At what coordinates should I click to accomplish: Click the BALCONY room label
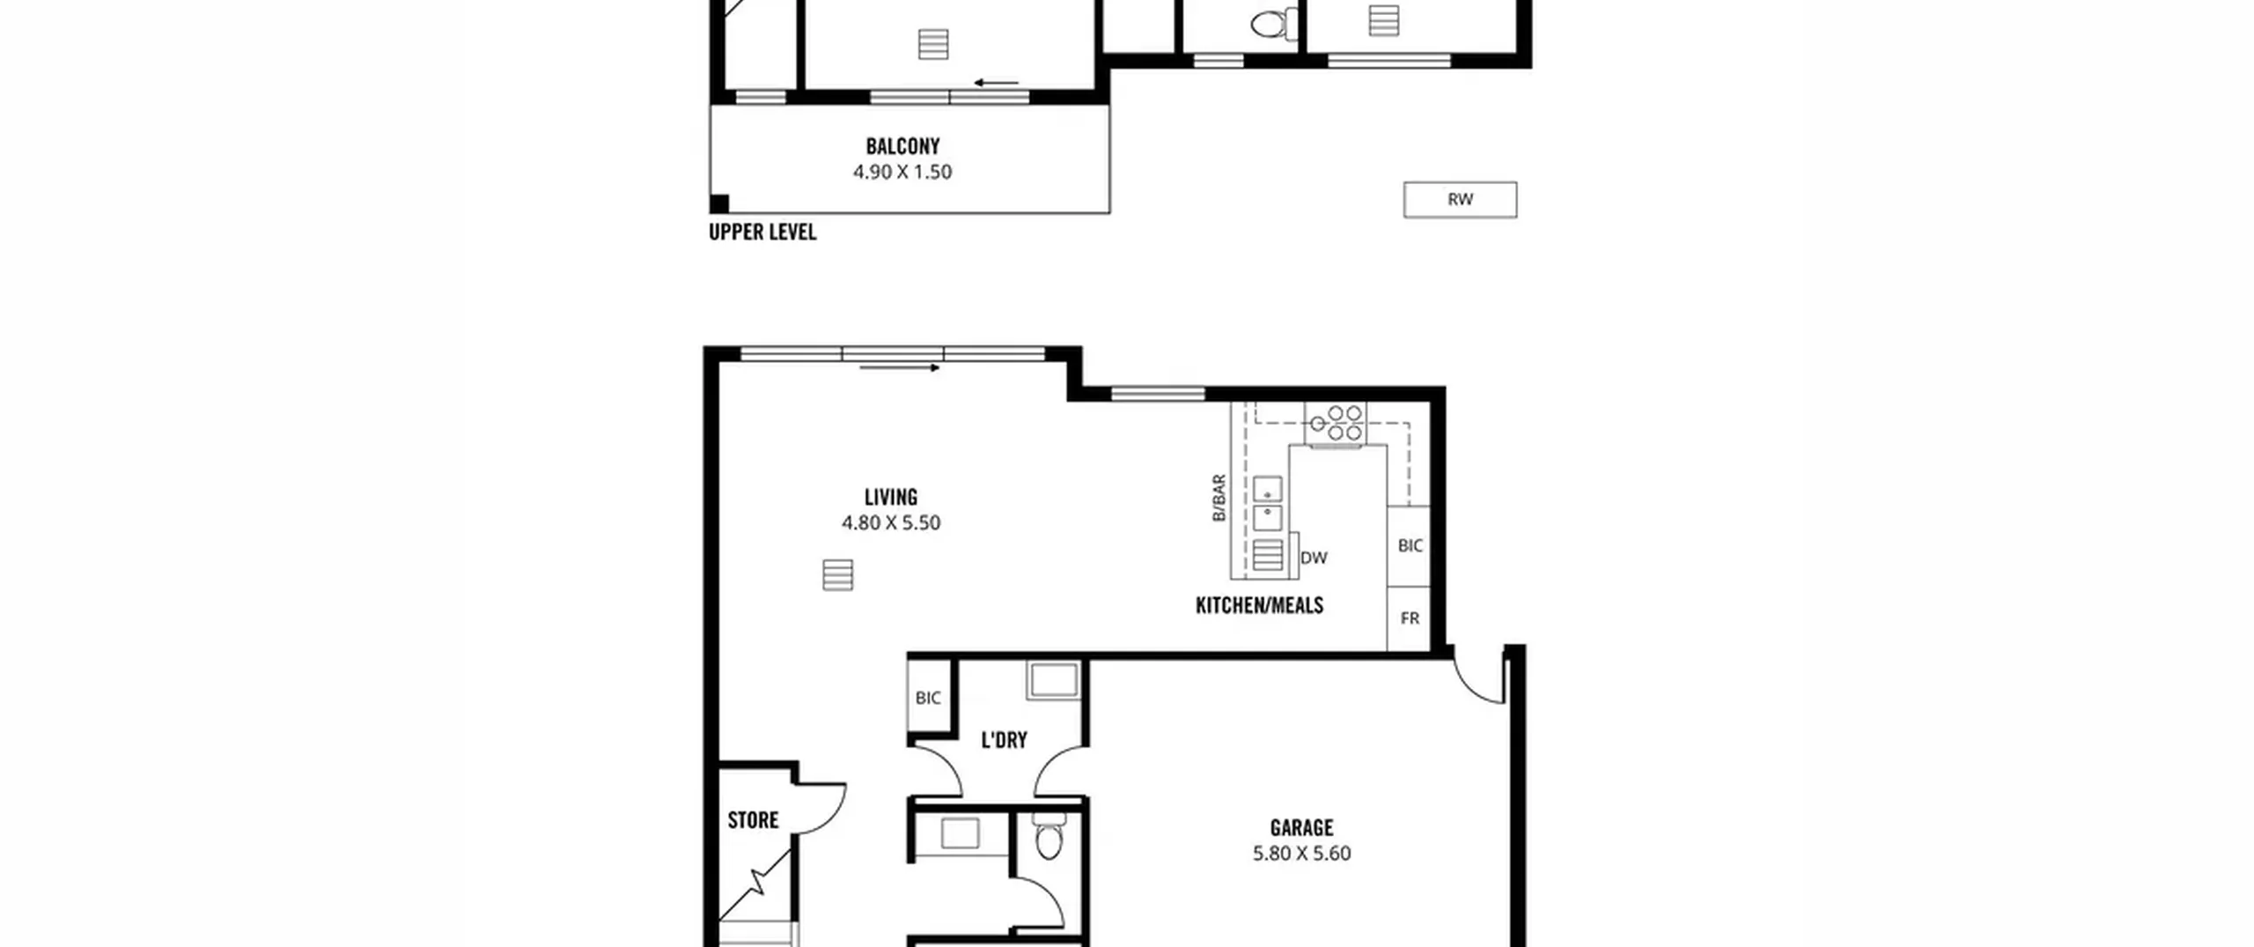902,146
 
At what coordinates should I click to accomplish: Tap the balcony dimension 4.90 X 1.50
902,172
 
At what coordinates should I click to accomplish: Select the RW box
1460,199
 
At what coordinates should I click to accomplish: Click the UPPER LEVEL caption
762,232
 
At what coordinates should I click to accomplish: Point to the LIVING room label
891,497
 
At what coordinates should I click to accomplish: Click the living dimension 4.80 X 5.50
891,522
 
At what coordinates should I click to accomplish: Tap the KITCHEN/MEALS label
1259,605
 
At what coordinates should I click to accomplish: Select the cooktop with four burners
1336,422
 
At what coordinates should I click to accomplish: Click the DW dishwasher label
1314,558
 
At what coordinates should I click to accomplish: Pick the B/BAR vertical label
1219,498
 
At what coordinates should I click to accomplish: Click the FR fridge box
1409,618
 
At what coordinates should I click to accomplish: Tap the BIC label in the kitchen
1410,546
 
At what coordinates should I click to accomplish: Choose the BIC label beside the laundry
928,698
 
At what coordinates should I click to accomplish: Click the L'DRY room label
1005,740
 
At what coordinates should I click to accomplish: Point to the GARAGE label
1301,828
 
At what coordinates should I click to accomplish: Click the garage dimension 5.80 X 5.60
1301,854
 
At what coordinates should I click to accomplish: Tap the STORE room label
753,820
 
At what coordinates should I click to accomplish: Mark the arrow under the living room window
899,367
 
